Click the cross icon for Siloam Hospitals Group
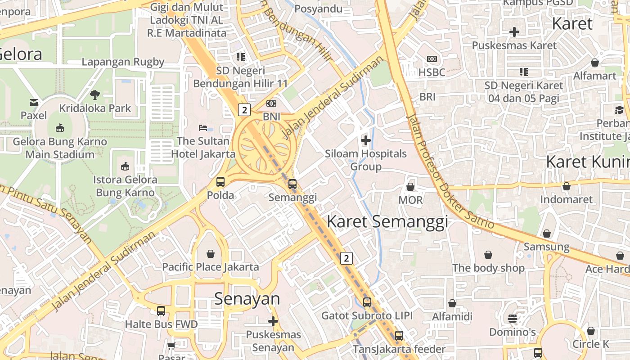point(366,140)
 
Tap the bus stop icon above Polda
point(220,182)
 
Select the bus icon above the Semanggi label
point(292,184)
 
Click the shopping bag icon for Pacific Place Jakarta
point(210,254)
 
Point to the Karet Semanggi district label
point(387,222)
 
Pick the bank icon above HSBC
point(432,59)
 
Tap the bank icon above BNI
point(271,103)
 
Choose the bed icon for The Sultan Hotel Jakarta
point(203,128)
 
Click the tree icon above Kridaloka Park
point(95,95)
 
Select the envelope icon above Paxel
point(34,103)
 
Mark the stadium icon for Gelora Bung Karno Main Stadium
point(60,128)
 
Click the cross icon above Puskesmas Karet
point(514,32)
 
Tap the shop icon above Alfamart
point(595,62)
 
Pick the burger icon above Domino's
point(512,319)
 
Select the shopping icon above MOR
point(410,186)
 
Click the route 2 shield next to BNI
point(244,110)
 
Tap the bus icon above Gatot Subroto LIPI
point(367,302)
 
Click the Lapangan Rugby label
point(123,62)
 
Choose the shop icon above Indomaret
point(566,186)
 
